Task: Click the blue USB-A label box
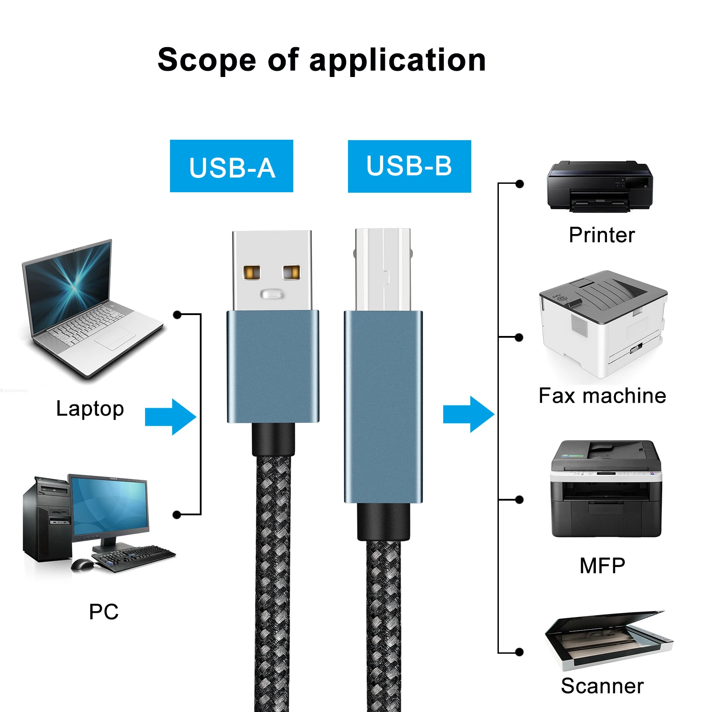pyautogui.click(x=231, y=166)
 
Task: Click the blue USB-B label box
pyautogui.click(x=409, y=166)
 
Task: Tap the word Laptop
pyautogui.click(x=90, y=409)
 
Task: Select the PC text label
pyautogui.click(x=104, y=611)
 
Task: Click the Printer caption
pyautogui.click(x=602, y=235)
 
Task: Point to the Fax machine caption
pyautogui.click(x=602, y=396)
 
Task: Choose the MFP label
pyautogui.click(x=602, y=566)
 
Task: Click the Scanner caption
pyautogui.click(x=602, y=686)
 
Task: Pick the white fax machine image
pyautogui.click(x=603, y=325)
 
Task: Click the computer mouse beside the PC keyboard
pyautogui.click(x=82, y=564)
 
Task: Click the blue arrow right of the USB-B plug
pyautogui.click(x=469, y=414)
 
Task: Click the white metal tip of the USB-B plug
pyautogui.click(x=383, y=269)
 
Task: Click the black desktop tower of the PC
pyautogui.click(x=47, y=518)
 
